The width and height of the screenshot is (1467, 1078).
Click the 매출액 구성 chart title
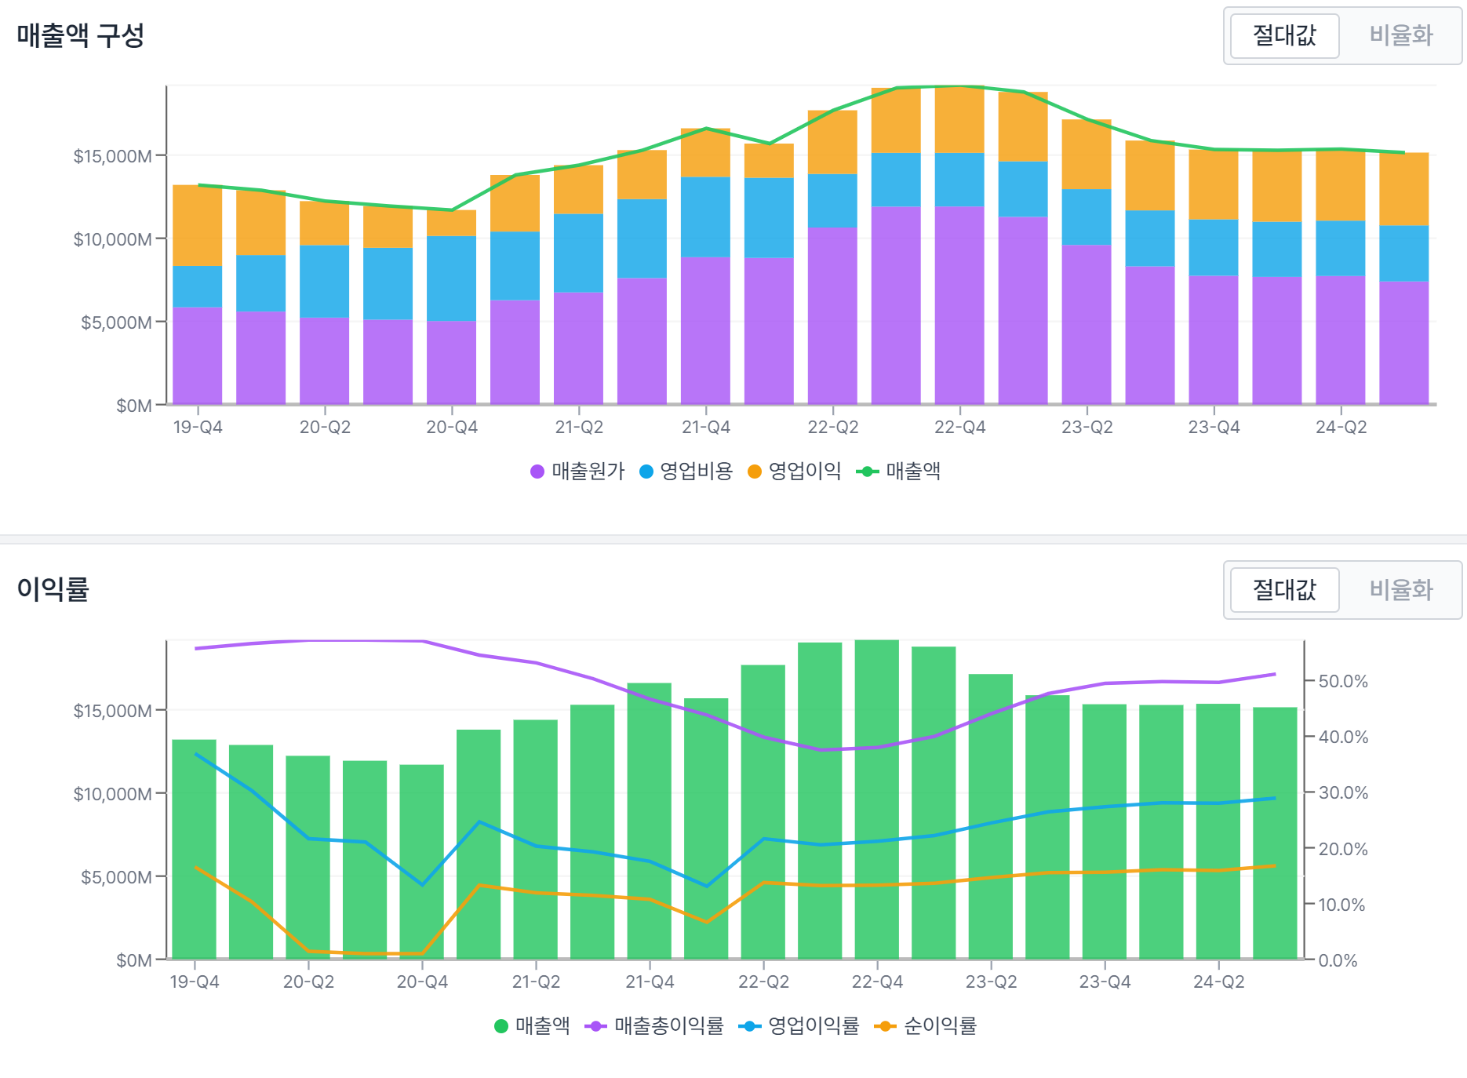tap(80, 35)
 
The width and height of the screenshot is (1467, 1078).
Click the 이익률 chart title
tap(53, 588)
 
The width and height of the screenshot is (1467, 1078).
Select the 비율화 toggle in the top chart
tap(1400, 35)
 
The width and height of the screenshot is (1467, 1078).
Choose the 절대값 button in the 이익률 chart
tap(1284, 589)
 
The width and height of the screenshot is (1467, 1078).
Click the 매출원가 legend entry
tap(578, 471)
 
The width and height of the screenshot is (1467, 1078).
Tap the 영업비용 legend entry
tap(686, 471)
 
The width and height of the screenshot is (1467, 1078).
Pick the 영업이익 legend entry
tap(795, 471)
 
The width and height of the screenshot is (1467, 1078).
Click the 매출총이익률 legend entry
tap(655, 1025)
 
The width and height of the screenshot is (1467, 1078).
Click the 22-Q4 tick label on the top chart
tap(959, 428)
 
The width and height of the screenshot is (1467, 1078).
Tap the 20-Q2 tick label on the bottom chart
tap(308, 982)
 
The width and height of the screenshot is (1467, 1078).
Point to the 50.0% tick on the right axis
tap(1342, 681)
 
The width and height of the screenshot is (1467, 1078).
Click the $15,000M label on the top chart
tap(112, 156)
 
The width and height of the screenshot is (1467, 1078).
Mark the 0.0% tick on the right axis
tap(1338, 960)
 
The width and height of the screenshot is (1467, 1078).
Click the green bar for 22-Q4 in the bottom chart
tap(877, 800)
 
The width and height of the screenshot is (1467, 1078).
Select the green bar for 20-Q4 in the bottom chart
tap(422, 863)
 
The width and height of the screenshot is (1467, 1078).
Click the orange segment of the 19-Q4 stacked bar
tap(197, 225)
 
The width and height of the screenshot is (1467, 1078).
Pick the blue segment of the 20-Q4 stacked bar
tap(451, 279)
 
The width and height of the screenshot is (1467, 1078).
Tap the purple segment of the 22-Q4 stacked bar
tap(959, 306)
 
